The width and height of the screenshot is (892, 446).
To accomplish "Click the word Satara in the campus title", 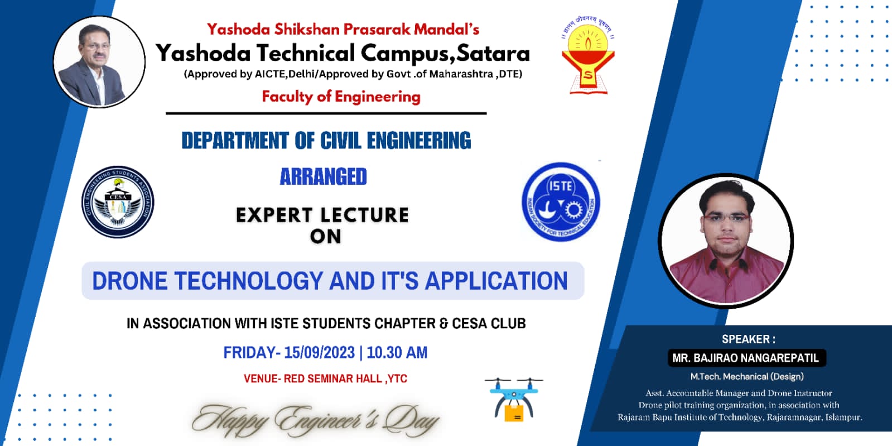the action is click(493, 54).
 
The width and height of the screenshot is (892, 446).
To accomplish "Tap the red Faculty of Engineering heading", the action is click(341, 97).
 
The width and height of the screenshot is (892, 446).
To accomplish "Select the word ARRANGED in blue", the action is click(324, 176).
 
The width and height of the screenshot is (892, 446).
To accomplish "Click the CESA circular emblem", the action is click(118, 202).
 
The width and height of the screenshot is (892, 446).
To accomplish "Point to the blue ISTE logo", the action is click(561, 202).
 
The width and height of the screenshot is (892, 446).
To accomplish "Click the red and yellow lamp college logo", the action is click(588, 56).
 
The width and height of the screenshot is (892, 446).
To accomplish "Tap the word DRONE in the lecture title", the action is click(130, 281).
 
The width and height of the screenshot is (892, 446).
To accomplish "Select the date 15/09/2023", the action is click(319, 353).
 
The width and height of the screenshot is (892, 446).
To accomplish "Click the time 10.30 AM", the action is click(397, 353).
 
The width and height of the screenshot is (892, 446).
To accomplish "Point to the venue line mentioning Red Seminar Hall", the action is click(325, 378).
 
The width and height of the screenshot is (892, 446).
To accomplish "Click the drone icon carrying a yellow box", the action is click(514, 399).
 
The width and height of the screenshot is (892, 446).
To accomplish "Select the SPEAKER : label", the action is click(749, 339).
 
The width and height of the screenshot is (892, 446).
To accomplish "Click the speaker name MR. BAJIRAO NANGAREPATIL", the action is click(746, 358).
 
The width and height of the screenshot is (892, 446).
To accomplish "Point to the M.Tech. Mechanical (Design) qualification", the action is click(747, 377).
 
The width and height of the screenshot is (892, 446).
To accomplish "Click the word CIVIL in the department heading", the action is click(341, 141).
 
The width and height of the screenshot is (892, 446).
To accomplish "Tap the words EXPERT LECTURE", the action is click(322, 215).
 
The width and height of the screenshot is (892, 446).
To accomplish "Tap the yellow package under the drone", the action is click(514, 414).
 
